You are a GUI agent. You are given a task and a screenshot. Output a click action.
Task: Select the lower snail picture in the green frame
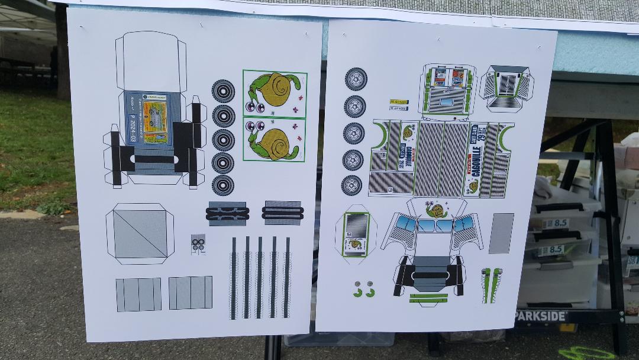coord(275,140)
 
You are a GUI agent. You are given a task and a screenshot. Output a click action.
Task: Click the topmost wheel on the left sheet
coord(223,91)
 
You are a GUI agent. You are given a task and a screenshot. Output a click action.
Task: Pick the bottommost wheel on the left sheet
coord(223,184)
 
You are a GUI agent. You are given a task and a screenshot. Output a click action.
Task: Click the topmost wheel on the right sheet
coord(356,79)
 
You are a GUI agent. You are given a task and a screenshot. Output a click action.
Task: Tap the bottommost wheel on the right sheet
coord(351,185)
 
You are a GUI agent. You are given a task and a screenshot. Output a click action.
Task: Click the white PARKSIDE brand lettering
coord(540,316)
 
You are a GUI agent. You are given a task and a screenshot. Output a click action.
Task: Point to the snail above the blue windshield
coord(436,210)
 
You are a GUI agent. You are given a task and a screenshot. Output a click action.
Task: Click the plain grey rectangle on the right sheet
coord(501,233)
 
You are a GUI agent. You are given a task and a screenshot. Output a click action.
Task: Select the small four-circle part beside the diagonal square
coord(198,243)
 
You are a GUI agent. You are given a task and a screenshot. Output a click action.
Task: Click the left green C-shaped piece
coord(357,292)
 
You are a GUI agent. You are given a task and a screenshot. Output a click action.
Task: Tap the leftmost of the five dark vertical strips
coord(234,277)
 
